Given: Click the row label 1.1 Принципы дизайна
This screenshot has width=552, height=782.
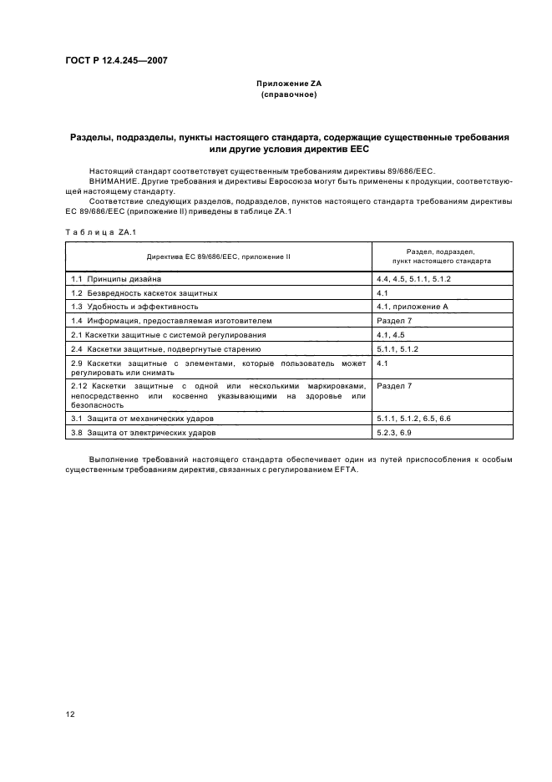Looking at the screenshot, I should (x=122, y=278).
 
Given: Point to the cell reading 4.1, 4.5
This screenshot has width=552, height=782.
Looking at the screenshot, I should (x=391, y=335).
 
